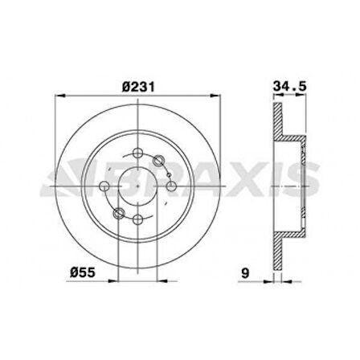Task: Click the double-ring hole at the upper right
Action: pyautogui.click(x=161, y=163)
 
